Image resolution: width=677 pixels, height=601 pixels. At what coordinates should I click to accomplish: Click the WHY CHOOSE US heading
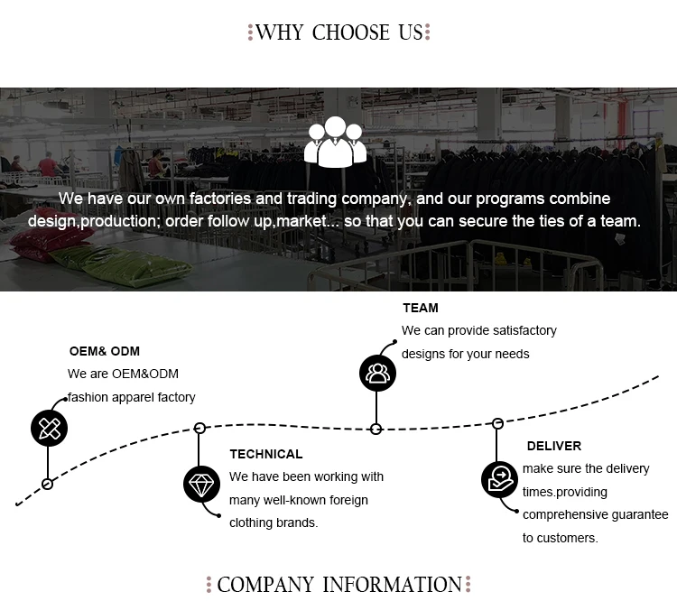click(338, 33)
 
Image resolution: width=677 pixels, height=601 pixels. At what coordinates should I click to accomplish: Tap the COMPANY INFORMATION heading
click(338, 585)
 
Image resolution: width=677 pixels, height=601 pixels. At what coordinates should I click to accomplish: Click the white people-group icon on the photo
click(336, 142)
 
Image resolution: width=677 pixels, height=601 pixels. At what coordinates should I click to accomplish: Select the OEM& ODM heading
click(105, 351)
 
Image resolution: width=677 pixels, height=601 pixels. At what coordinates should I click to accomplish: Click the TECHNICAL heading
click(266, 454)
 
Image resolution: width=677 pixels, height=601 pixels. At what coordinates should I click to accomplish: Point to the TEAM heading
click(421, 308)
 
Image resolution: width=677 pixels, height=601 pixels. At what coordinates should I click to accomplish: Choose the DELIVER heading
click(554, 446)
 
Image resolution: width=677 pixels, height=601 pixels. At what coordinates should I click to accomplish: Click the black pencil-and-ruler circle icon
click(50, 428)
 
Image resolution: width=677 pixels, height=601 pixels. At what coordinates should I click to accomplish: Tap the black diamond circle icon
click(201, 485)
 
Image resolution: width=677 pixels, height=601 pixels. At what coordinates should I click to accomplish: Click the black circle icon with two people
click(377, 373)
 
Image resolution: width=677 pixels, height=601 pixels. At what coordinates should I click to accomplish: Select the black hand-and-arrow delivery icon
click(498, 479)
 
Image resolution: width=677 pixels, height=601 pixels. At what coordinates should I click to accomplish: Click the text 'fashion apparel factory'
click(132, 397)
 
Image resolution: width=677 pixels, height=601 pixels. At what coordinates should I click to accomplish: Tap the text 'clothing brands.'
click(274, 522)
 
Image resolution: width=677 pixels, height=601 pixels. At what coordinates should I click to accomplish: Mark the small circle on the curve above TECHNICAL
click(200, 428)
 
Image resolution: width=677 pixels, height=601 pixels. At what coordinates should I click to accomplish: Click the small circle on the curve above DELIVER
click(497, 422)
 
